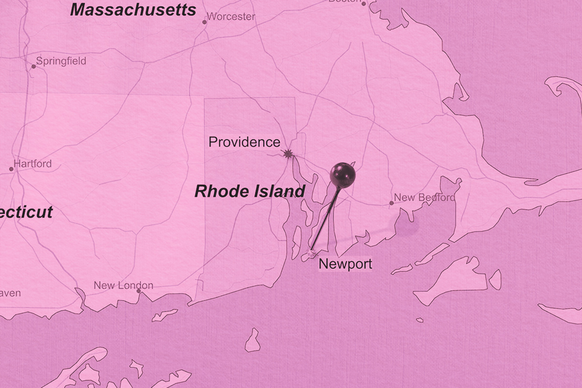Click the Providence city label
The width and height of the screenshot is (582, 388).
click(244, 142)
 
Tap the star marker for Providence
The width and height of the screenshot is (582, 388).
click(288, 154)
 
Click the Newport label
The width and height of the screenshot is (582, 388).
click(345, 264)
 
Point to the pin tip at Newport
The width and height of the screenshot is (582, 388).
click(311, 252)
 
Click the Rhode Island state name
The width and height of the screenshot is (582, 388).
click(250, 191)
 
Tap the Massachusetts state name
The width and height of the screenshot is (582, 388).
click(133, 10)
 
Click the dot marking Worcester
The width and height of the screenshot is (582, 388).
click(204, 22)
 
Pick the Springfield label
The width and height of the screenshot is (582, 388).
click(61, 61)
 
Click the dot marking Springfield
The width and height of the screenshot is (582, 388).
click(33, 66)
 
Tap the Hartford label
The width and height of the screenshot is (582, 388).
click(32, 164)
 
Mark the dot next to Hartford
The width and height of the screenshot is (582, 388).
click(11, 169)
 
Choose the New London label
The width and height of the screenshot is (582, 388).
click(123, 286)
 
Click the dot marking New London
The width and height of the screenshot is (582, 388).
click(139, 291)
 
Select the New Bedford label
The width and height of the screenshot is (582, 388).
click(424, 197)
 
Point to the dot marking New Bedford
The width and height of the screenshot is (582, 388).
click(391, 203)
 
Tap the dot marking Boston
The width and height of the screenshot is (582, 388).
click(363, 3)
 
